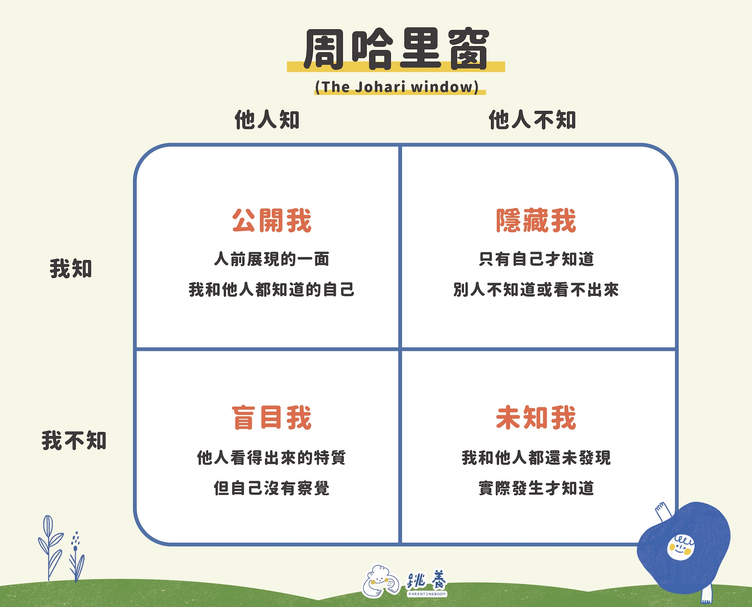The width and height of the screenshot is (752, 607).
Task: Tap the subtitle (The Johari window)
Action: tap(397, 86)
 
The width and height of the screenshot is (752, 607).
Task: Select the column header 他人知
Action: tap(267, 120)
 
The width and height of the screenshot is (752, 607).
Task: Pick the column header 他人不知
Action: tap(532, 120)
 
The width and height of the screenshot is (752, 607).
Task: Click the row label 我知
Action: tap(71, 268)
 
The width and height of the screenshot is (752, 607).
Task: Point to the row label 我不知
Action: tap(74, 440)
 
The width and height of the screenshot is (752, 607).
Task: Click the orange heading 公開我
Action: tap(271, 221)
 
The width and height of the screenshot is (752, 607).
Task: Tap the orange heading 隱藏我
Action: tap(536, 221)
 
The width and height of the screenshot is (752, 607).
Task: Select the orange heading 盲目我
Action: tap(271, 418)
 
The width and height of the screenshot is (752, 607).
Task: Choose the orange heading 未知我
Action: tap(536, 418)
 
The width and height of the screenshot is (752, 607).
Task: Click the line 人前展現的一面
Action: tap(271, 259)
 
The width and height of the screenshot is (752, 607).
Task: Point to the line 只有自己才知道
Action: tap(536, 259)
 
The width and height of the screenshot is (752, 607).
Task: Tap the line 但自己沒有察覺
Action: tap(271, 488)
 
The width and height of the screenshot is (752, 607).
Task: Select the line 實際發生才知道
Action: tap(536, 488)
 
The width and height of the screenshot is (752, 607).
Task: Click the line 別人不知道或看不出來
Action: tap(536, 289)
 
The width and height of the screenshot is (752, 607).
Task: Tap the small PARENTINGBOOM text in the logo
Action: tap(427, 594)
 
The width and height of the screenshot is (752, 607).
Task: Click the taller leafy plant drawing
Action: tap(50, 548)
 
